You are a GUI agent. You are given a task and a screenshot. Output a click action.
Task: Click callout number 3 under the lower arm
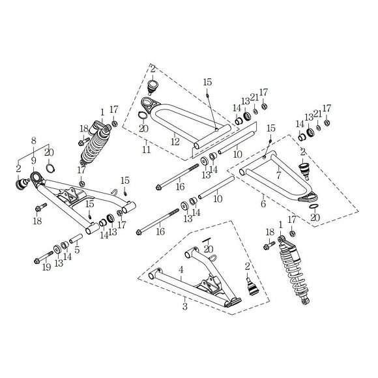point(184,305)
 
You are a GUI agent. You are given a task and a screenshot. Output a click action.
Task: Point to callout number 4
point(182,269)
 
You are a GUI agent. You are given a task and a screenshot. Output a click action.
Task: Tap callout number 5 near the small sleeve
point(77,249)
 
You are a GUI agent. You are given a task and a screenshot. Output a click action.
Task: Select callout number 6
point(263,204)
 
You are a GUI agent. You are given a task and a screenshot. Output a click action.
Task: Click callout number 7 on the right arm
point(278,175)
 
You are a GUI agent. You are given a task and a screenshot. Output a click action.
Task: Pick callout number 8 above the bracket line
point(34,140)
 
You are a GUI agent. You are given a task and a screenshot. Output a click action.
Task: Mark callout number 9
point(34,160)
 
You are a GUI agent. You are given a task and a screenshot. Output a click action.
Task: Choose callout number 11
point(147,149)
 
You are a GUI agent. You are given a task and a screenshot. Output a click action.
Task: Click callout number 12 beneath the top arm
point(174,141)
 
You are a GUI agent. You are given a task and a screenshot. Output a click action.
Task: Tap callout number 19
point(45,267)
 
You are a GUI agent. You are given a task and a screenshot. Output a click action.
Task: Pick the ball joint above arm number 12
point(153,85)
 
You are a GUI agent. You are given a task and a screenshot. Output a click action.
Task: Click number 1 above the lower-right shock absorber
point(281,224)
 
